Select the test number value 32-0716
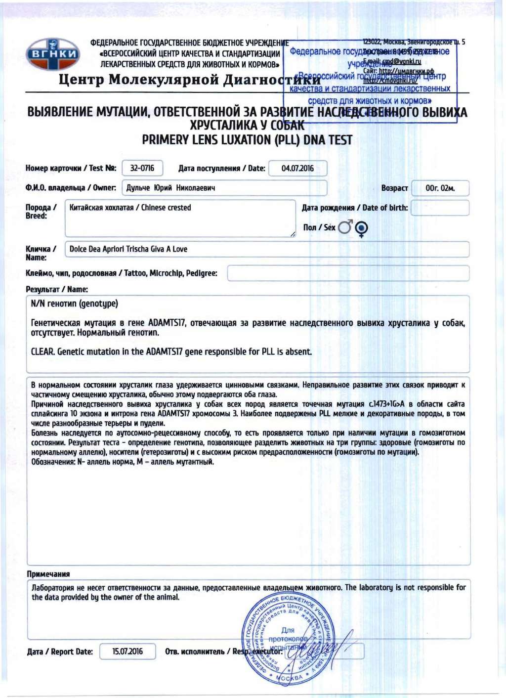142,169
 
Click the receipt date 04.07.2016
297,169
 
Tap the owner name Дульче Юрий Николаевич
170,188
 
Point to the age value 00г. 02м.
440,188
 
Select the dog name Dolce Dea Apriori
128,249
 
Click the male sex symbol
345,227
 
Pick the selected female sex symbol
362,228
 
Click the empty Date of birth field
440,208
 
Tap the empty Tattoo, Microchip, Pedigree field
348,273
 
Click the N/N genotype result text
74,304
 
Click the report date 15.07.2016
127,652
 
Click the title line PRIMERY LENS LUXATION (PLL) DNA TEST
247,140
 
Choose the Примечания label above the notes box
48,574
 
